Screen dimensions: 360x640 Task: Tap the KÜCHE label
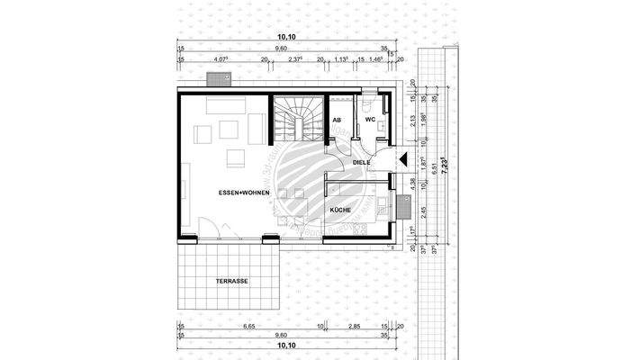340,209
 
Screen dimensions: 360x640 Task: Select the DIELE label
363,163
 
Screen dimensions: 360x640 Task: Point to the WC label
370,119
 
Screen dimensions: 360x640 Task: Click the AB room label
337,119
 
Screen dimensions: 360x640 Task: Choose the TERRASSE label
231,281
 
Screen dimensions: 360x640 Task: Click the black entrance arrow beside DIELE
402,161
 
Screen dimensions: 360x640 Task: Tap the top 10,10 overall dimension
286,37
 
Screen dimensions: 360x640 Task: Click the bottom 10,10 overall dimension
286,345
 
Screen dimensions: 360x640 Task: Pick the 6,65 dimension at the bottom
249,328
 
